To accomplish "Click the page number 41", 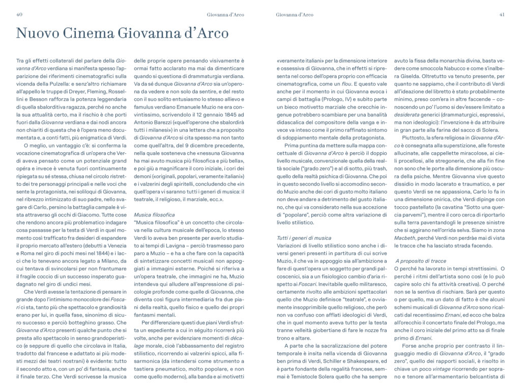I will click(502, 15).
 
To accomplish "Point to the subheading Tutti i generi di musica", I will click(304, 238).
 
